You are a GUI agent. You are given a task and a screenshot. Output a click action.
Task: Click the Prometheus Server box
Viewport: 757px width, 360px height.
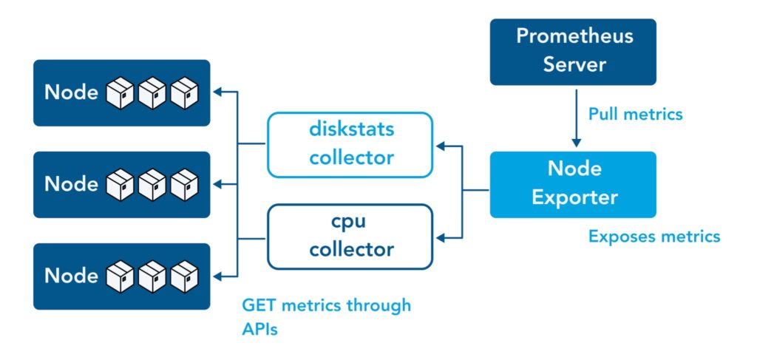(x=572, y=51)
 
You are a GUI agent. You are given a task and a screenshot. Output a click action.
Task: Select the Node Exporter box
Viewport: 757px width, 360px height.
(x=572, y=184)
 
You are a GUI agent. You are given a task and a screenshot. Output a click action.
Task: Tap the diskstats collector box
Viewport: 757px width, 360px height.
(x=350, y=144)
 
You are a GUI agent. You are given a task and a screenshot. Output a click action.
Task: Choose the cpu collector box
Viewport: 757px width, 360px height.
(x=350, y=237)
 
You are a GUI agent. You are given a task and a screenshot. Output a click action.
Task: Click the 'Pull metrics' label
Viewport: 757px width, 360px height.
(x=635, y=115)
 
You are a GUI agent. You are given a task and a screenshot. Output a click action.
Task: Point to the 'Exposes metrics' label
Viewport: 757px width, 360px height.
(x=654, y=237)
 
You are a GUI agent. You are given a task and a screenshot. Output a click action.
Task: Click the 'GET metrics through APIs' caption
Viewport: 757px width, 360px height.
(x=326, y=317)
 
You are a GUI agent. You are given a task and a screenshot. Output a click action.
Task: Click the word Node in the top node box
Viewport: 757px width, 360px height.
(x=72, y=92)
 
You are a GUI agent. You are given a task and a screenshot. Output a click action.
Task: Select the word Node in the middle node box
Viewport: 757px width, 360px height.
(x=72, y=184)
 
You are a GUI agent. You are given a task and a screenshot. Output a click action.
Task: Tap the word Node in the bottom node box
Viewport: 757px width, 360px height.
(x=72, y=276)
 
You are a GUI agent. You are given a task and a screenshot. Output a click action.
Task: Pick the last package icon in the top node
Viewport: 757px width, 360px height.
(x=184, y=93)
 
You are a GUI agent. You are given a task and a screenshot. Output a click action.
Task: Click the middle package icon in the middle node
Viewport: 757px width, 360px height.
(x=152, y=185)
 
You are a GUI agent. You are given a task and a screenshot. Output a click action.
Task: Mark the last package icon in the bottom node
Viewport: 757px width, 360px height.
(x=184, y=276)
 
